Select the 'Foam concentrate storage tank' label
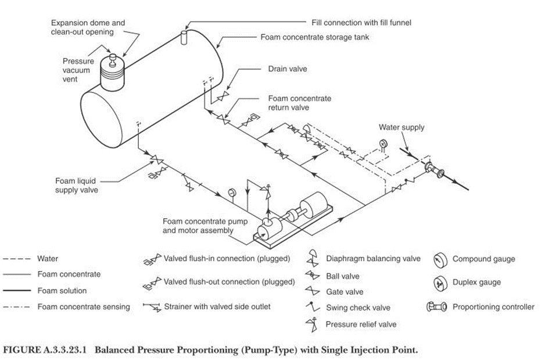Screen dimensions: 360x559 314,37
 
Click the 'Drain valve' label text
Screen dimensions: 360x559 287,69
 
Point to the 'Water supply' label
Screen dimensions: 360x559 402,127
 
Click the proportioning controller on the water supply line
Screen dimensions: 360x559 434,170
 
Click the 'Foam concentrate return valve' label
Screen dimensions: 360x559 299,103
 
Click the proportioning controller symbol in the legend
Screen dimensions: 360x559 440,307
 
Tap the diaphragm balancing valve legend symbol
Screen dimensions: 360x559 312,259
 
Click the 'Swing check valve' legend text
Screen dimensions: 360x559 358,308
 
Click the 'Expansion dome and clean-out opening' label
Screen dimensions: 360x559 88,27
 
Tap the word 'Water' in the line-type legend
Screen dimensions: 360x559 48,259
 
